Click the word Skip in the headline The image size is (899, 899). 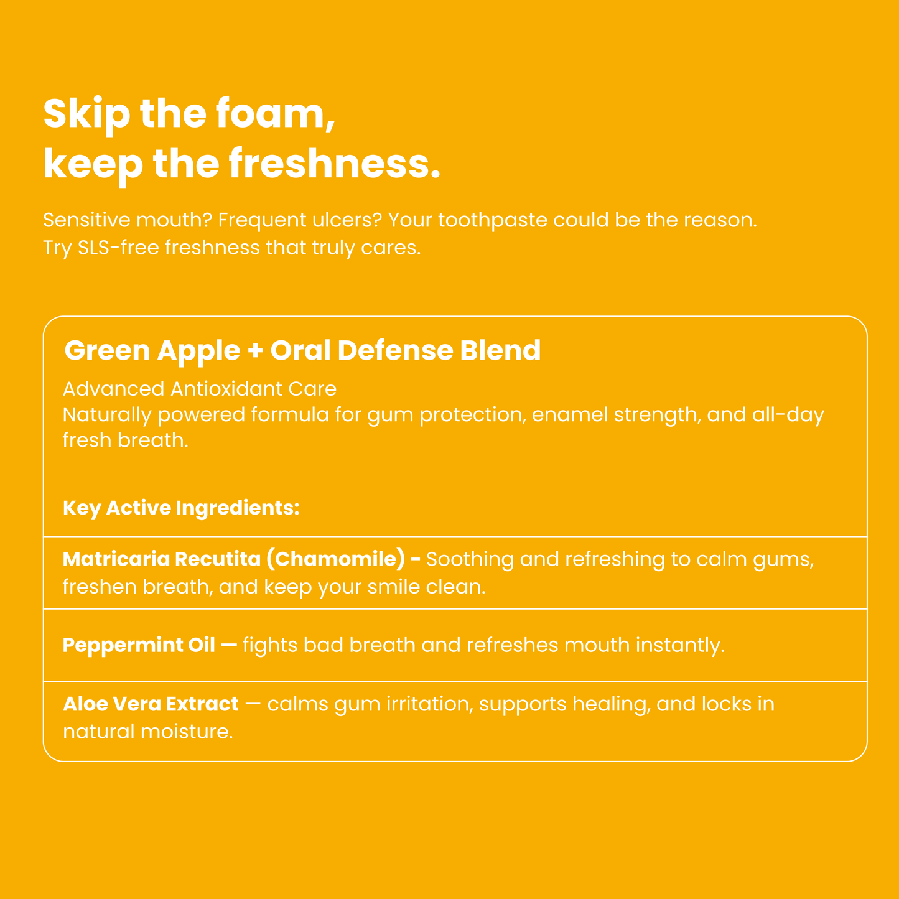click(x=86, y=114)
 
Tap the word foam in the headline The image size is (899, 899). click(x=274, y=114)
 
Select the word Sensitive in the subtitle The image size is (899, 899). click(x=86, y=220)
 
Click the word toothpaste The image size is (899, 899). click(x=493, y=220)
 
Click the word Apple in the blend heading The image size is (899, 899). click(x=198, y=351)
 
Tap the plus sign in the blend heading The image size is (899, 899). click(x=255, y=351)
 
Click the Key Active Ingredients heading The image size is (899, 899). click(x=181, y=508)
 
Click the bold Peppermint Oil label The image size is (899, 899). click(x=139, y=645)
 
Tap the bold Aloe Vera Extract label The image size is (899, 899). click(x=151, y=704)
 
